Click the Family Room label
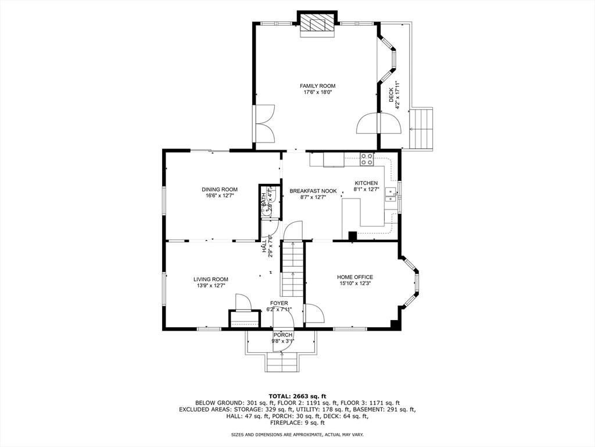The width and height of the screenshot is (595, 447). (317, 86)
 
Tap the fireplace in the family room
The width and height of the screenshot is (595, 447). (317, 24)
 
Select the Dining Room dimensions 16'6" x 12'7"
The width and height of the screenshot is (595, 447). (219, 196)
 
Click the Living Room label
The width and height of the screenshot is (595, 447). (210, 279)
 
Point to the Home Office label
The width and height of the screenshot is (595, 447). (354, 277)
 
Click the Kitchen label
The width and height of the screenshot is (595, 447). (366, 183)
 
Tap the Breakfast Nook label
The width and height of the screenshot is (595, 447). (313, 190)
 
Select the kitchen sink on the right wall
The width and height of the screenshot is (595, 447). (390, 195)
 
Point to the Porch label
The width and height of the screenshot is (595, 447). (283, 335)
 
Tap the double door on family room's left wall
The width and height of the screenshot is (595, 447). (265, 123)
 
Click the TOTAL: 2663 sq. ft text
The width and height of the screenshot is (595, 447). (297, 396)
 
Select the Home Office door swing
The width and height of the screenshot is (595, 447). (314, 313)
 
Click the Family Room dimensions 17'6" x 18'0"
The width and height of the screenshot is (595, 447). (317, 93)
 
